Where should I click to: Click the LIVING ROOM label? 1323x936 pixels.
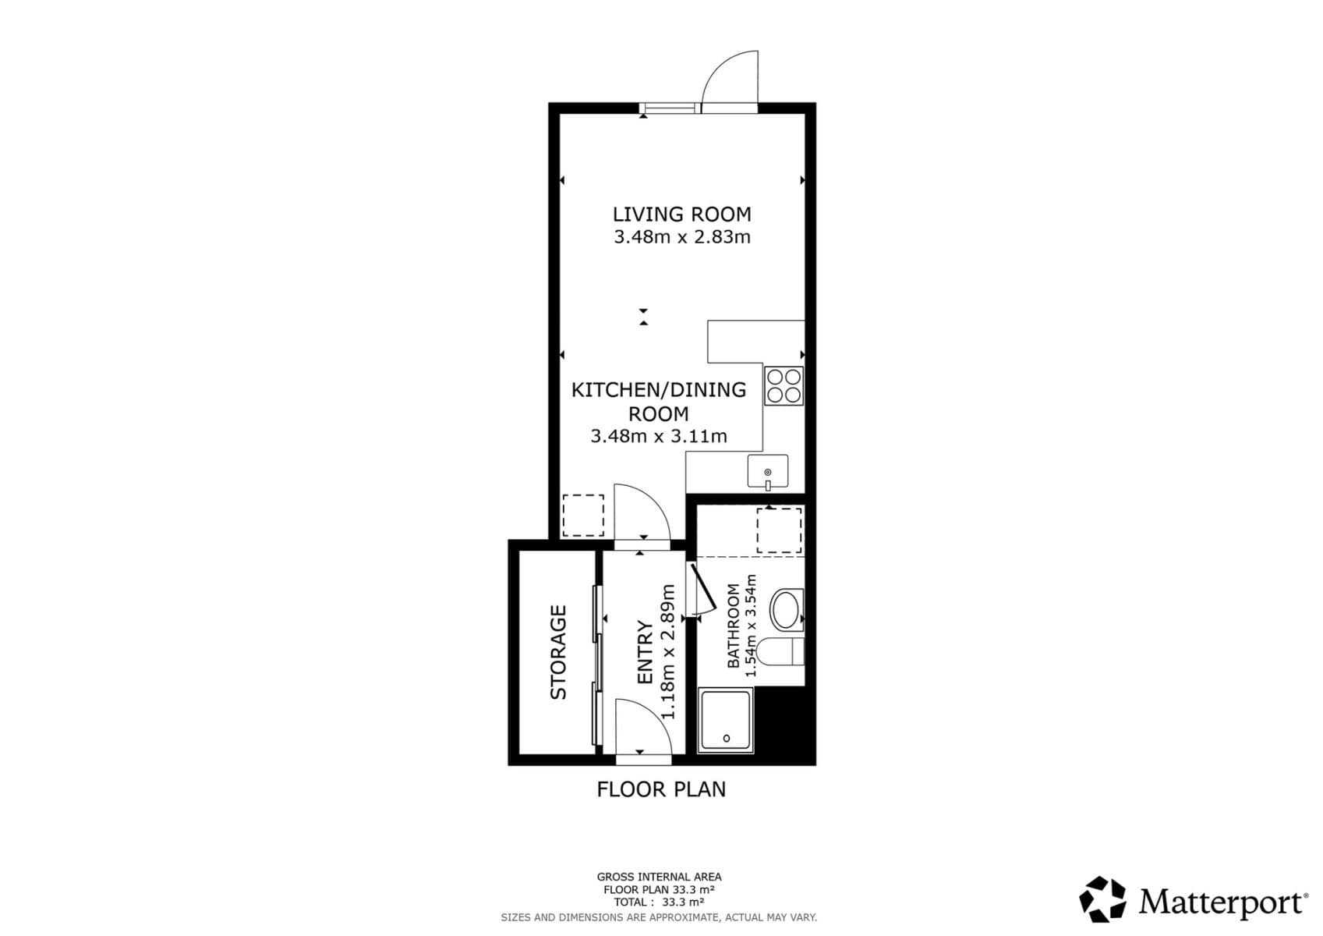[681, 214]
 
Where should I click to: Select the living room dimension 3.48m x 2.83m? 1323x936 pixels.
[681, 237]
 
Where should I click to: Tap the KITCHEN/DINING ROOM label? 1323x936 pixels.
[659, 401]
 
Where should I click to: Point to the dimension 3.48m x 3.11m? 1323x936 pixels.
[659, 436]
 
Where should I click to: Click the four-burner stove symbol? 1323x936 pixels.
[784, 386]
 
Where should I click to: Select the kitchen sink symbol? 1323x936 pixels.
[768, 472]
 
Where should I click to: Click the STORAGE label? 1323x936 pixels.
[558, 652]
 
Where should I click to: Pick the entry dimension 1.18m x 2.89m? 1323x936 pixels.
[667, 651]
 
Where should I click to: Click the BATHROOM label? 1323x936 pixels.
[733, 626]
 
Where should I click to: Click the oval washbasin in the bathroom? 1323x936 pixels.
[785, 610]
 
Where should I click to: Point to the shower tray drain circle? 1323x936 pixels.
[727, 738]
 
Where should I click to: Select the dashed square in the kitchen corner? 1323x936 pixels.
[583, 515]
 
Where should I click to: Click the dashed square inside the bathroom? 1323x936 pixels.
[779, 530]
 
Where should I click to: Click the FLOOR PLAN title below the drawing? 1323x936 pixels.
[661, 789]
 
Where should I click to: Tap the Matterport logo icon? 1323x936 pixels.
[1102, 899]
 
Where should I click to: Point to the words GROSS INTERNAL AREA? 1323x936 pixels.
[659, 877]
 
